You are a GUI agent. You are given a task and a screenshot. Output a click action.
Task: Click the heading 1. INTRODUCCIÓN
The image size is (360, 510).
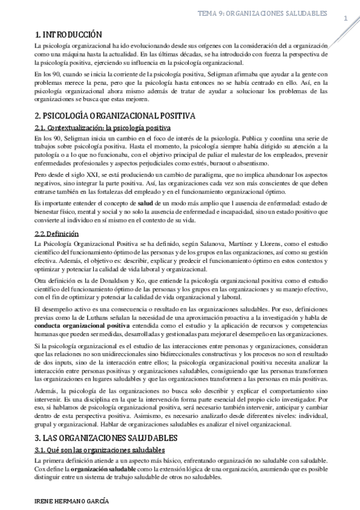(x=68, y=35)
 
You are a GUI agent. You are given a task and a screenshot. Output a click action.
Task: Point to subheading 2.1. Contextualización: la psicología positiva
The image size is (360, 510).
(x=103, y=127)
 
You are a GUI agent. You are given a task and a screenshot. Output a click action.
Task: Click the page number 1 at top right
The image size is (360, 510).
(x=346, y=18)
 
